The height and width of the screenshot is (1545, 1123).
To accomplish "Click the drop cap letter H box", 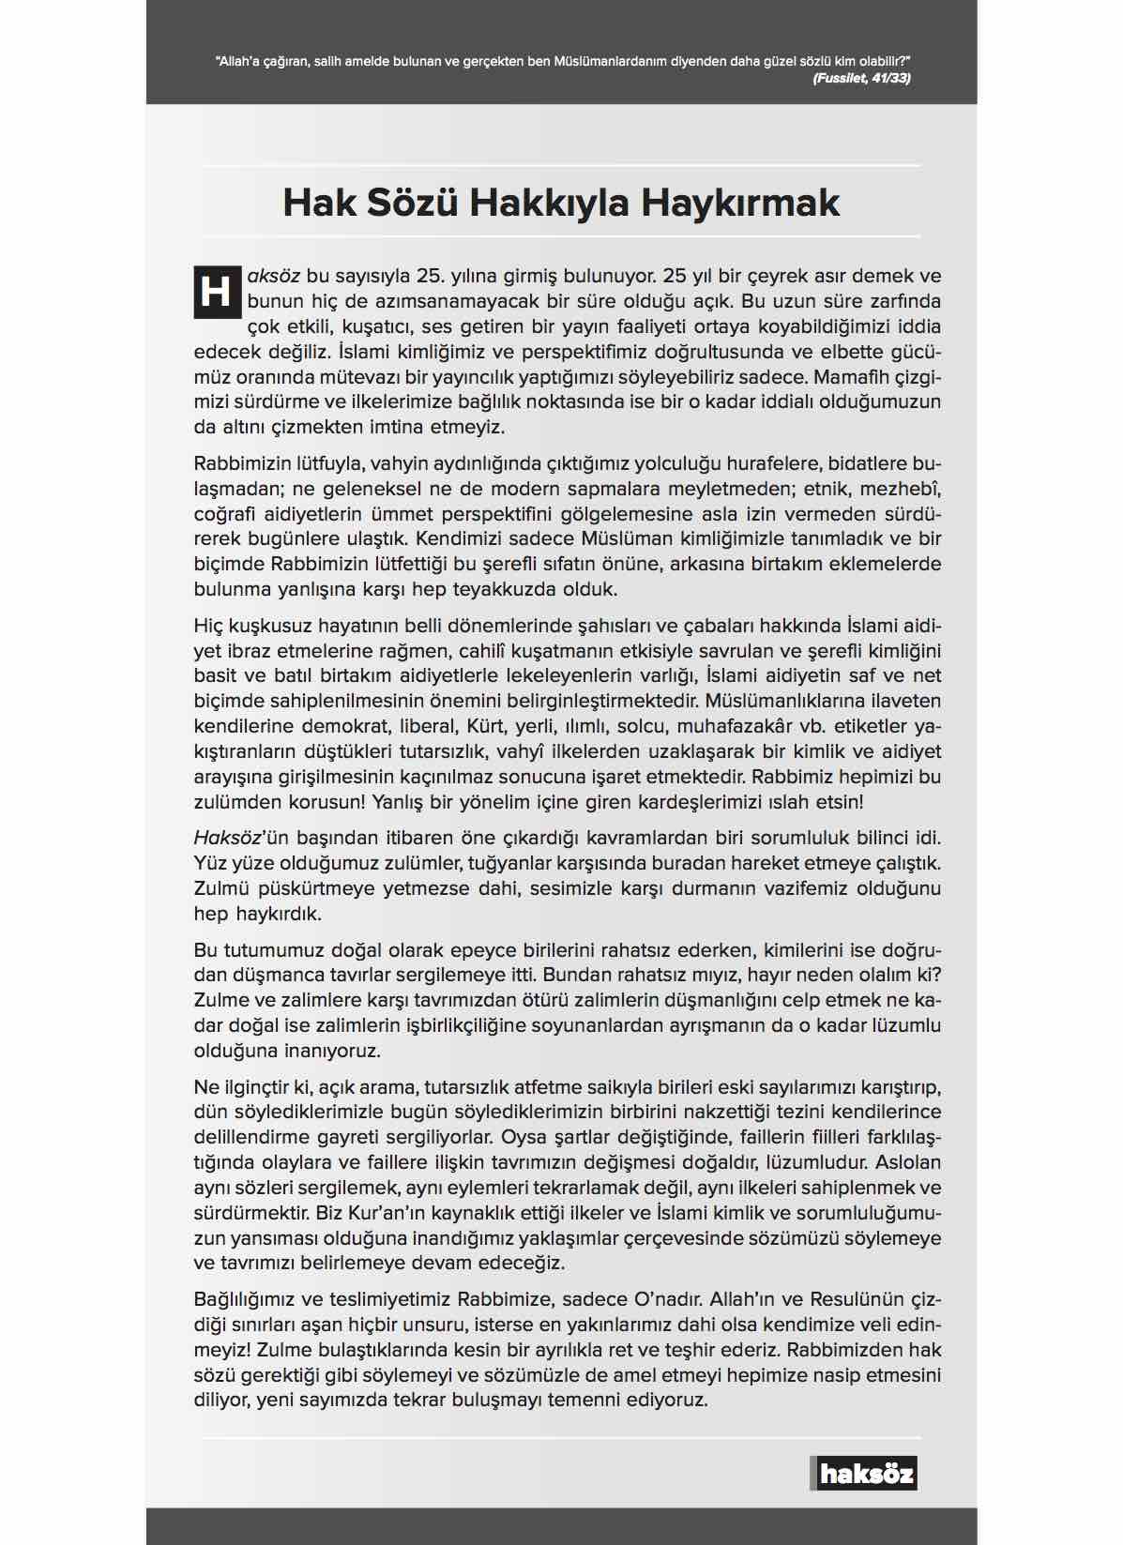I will [217, 292].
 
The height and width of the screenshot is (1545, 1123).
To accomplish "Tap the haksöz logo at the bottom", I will [864, 1473].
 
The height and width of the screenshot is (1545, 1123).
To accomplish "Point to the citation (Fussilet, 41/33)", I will [861, 78].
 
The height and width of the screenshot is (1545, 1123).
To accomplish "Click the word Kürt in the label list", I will [488, 727].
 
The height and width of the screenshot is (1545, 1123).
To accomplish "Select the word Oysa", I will [524, 1138].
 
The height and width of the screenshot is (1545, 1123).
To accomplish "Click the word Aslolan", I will [907, 1163].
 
